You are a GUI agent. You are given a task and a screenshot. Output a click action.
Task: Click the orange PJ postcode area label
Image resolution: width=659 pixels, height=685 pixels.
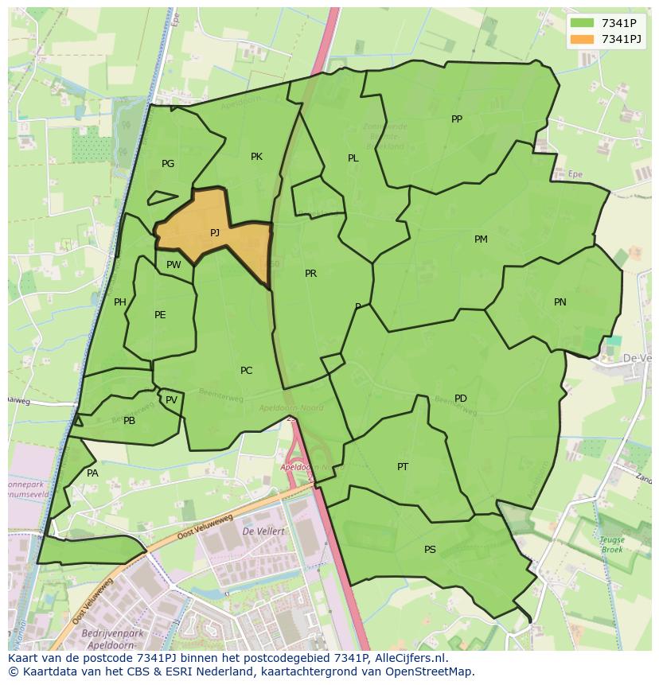pos(215,233)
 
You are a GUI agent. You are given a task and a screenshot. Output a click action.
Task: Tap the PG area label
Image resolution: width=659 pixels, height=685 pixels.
pos(168,164)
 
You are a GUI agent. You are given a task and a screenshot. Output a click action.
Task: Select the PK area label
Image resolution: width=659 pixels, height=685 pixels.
pos(256,157)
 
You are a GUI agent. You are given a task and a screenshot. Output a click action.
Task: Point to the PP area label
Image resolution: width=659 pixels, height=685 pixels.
pos(457,119)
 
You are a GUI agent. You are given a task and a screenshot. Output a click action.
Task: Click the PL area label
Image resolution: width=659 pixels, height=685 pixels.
pos(353,158)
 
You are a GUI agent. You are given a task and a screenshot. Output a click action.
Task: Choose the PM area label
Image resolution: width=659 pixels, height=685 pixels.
pos(481,239)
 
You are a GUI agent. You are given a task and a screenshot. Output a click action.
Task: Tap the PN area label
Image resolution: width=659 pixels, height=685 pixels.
pos(560,302)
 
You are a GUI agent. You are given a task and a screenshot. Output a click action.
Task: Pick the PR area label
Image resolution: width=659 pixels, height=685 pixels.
pos(310,274)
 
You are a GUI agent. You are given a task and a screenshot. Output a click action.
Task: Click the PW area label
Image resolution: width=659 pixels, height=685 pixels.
pos(174,266)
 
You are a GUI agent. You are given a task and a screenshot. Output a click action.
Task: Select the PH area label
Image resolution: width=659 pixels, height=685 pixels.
pos(120,302)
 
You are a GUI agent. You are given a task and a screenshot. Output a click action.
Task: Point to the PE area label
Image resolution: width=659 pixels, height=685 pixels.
pos(160,315)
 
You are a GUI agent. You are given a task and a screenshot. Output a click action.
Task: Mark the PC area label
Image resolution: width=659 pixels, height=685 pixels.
pos(246,371)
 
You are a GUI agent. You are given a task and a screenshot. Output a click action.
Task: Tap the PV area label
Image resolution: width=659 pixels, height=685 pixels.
pos(171,400)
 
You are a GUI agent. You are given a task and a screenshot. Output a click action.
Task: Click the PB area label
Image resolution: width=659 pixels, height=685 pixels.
pos(129,421)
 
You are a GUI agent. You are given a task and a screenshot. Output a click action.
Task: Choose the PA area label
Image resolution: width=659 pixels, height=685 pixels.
pos(92,473)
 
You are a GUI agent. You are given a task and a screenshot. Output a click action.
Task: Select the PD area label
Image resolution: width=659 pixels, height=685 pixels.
pos(461,399)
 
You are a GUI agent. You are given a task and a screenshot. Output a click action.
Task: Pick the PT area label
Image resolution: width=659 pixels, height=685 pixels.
pos(403,467)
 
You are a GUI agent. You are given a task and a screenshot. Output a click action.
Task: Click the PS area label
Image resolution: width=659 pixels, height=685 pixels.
pos(430,550)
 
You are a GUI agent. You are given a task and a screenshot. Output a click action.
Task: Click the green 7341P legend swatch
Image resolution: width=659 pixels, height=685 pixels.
pos(583,23)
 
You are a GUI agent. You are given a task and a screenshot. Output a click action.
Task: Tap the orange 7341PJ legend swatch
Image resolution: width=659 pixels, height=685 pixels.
pos(583,39)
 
